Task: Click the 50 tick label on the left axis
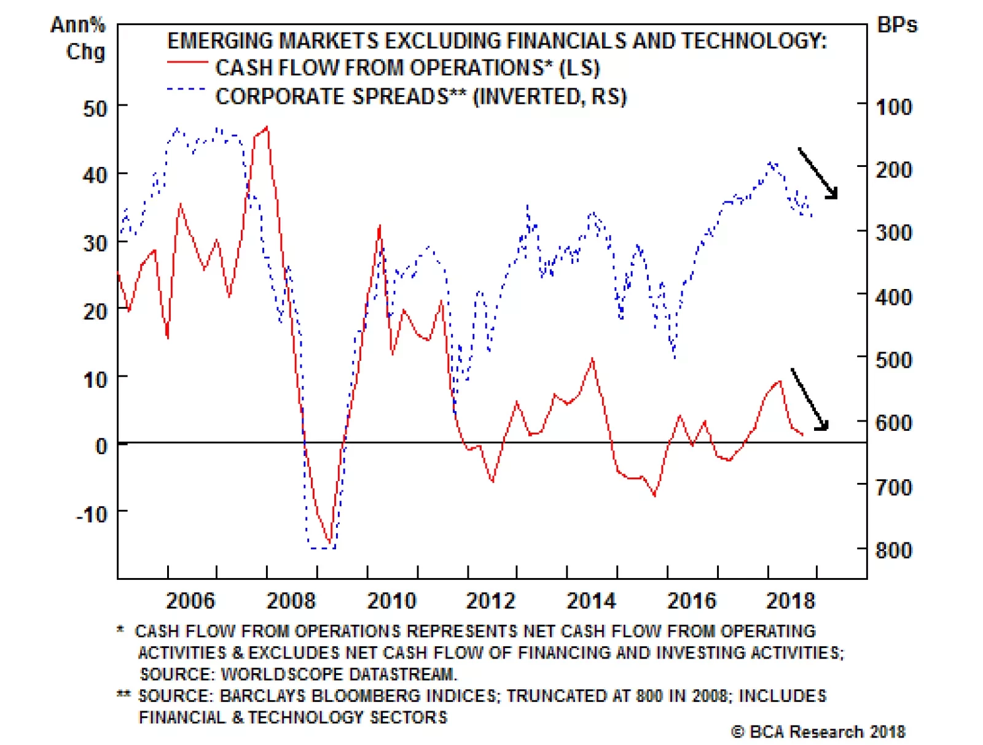(x=95, y=109)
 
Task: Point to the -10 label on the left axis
(x=92, y=514)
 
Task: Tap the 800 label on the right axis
(x=894, y=550)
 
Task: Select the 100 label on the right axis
(x=894, y=107)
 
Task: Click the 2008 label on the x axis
(x=291, y=600)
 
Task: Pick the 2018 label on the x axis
(x=790, y=600)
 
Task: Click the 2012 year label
(x=490, y=600)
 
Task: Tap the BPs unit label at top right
(x=897, y=25)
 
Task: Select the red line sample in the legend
(x=187, y=63)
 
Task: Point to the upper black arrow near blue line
(x=818, y=173)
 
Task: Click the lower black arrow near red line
(x=810, y=399)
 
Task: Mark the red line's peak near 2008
(x=267, y=128)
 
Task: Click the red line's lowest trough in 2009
(x=331, y=544)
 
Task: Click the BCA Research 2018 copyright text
(x=818, y=731)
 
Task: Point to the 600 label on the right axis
(x=894, y=422)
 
